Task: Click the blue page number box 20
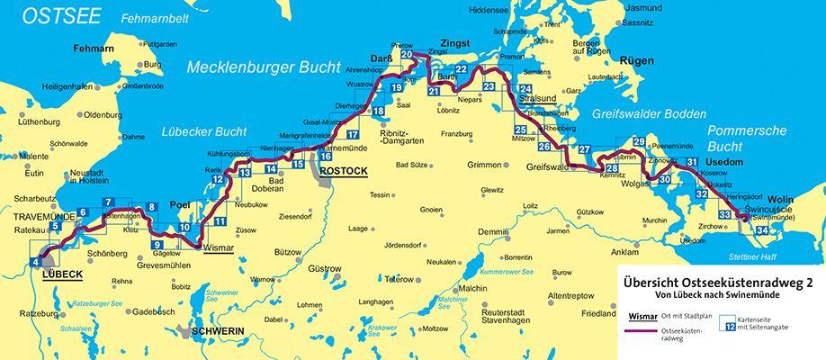[407, 56]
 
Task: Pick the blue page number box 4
[36, 262]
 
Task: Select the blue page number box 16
[326, 156]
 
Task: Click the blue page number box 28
[612, 168]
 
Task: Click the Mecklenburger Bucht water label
[263, 68]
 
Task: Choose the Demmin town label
[493, 232]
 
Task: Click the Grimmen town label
[483, 165]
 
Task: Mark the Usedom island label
[729, 159]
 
